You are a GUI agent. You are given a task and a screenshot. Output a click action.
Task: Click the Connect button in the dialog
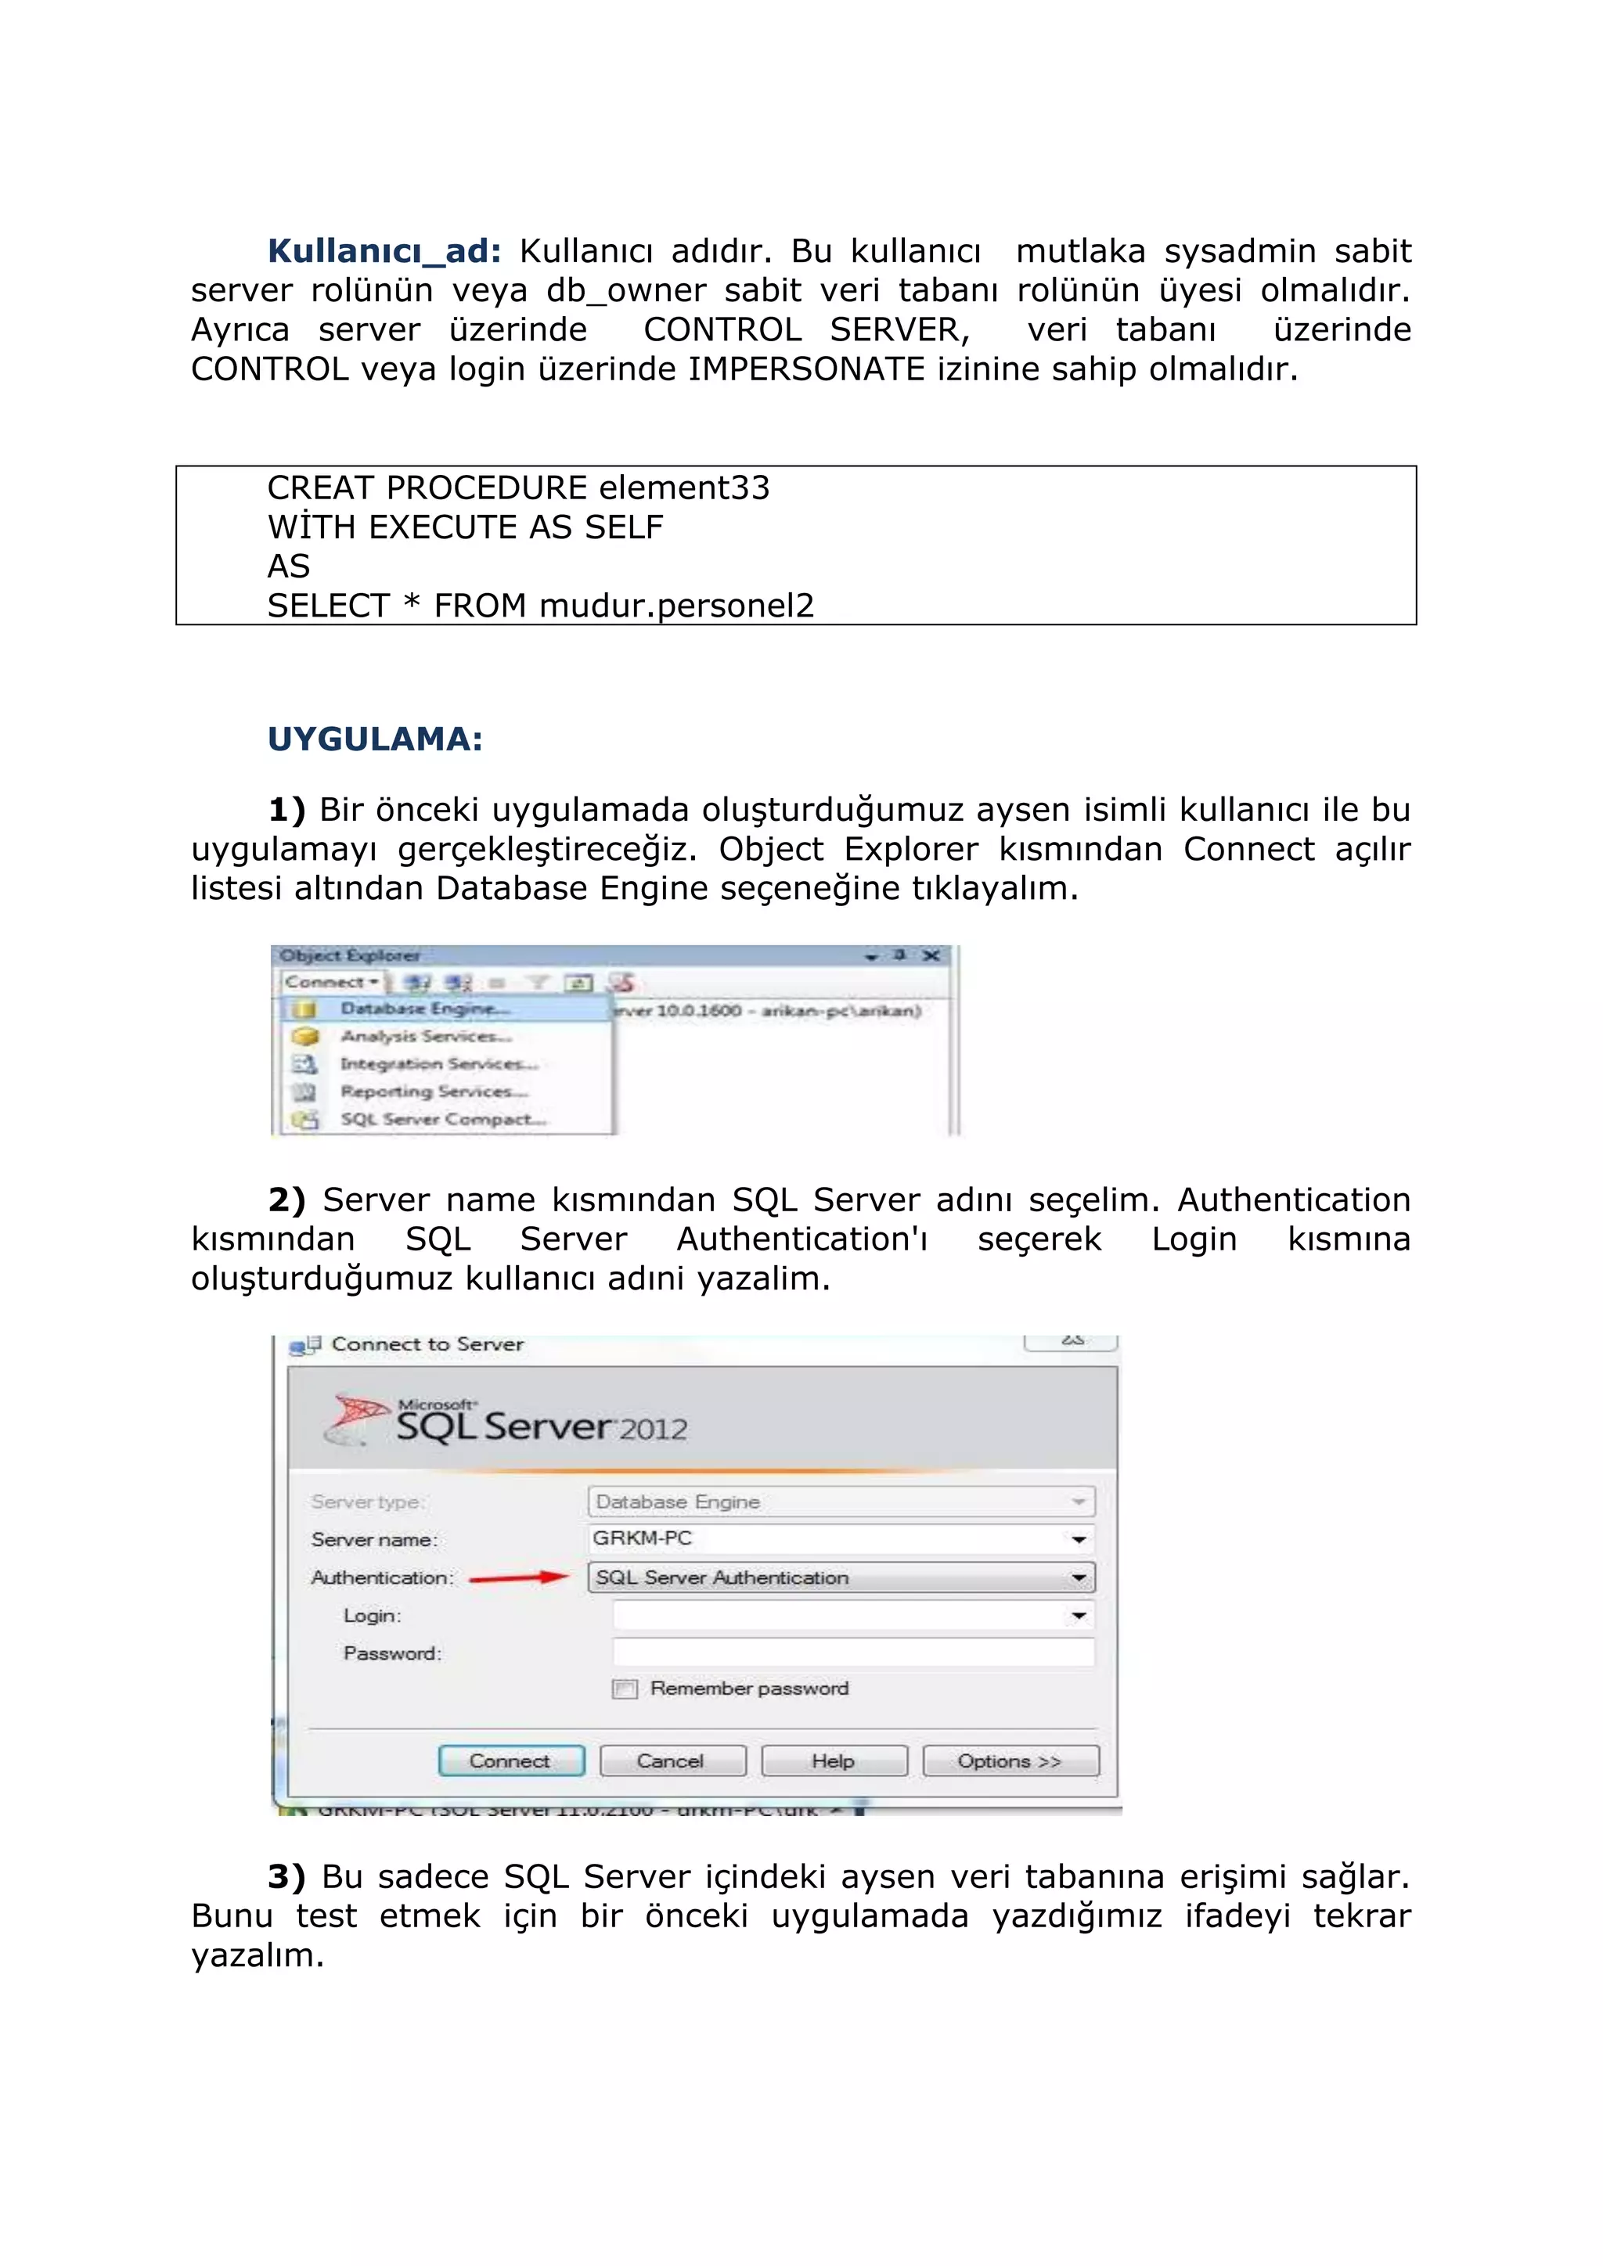tap(511, 1761)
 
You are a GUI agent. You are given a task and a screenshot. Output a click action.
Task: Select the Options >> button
tap(1010, 1761)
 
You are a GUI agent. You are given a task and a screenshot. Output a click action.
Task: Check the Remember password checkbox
tap(625, 1689)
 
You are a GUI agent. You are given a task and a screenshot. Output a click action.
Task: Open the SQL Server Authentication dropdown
tap(1078, 1577)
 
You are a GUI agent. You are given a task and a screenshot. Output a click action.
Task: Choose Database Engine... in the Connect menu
tap(424, 1009)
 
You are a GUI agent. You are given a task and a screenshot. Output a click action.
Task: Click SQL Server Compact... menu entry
tap(442, 1119)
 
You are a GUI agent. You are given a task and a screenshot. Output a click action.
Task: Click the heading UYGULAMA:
tap(375, 739)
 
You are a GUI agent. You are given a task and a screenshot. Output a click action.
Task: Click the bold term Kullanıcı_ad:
tap(384, 250)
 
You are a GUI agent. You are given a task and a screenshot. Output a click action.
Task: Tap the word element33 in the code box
tap(683, 487)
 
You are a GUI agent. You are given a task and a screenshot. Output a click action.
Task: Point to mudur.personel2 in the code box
tap(676, 605)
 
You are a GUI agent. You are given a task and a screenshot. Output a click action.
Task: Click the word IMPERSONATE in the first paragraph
tap(806, 369)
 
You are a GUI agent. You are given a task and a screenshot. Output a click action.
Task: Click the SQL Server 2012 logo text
tap(541, 1426)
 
